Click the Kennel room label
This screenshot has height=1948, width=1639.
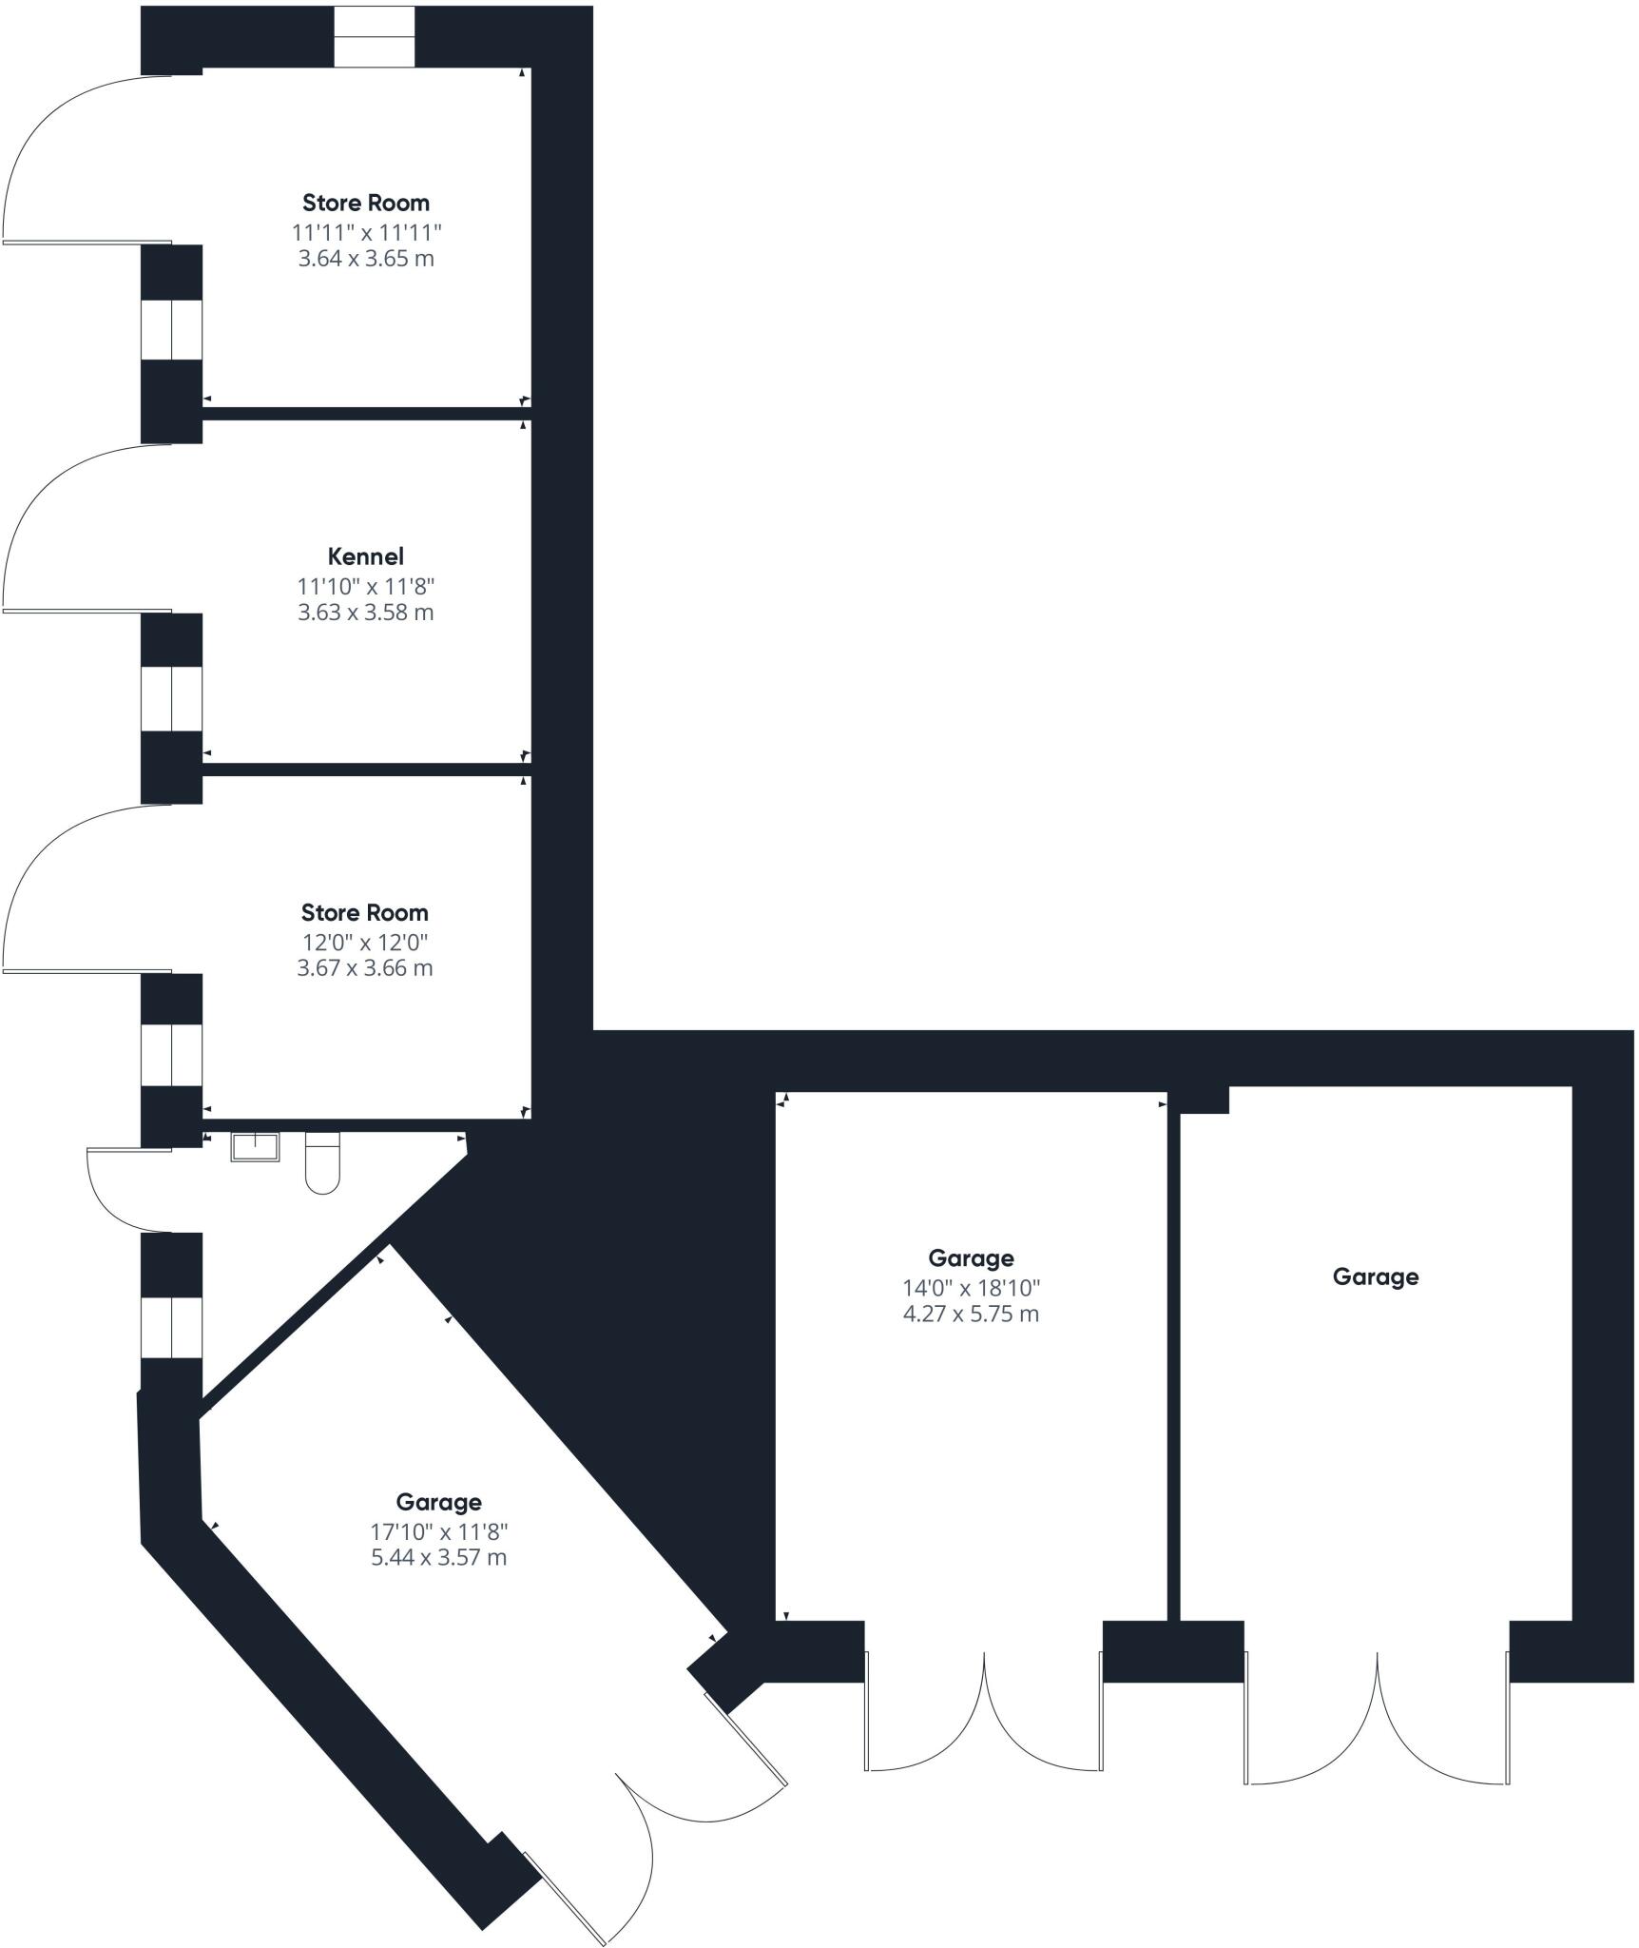(365, 556)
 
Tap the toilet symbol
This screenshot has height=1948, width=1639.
(323, 1162)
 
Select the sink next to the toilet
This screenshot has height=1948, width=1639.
(256, 1147)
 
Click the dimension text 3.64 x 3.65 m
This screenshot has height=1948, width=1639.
(366, 259)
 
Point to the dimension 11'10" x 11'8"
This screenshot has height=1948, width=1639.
(366, 586)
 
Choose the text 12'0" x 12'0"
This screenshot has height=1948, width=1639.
(365, 943)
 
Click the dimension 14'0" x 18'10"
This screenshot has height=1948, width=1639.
(971, 1289)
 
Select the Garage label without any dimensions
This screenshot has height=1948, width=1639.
(1376, 1276)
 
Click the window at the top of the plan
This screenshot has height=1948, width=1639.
(375, 37)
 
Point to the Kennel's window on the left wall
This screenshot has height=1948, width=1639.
(172, 699)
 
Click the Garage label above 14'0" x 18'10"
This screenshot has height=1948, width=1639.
(971, 1258)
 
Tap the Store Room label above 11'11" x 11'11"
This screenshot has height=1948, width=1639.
(366, 203)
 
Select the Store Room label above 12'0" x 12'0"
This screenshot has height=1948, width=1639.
(365, 913)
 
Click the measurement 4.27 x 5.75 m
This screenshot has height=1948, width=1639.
(971, 1315)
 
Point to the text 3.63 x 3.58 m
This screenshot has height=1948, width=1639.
(366, 613)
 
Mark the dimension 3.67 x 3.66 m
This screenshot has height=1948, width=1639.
(365, 968)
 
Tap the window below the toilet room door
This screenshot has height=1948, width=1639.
(172, 1328)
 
